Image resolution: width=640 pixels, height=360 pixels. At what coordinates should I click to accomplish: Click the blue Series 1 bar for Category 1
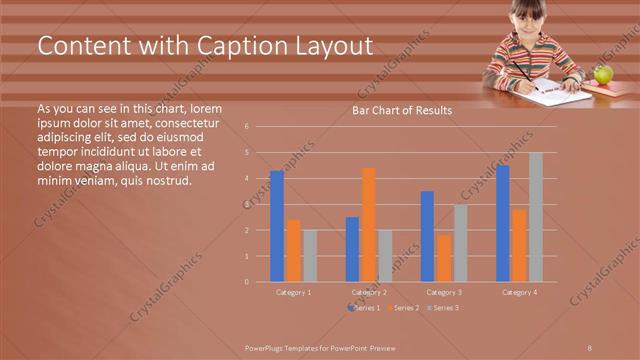pos(277,226)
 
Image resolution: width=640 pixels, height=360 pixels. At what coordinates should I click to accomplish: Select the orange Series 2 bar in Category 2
pos(368,225)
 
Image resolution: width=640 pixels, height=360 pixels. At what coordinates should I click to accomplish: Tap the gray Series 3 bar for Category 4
pos(535,217)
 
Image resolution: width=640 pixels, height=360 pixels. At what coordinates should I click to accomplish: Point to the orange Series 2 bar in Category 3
pos(443,258)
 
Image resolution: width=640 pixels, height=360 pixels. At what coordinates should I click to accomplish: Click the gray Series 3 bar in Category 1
pos(309,256)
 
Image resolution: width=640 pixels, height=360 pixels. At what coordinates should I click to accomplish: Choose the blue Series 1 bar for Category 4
pos(502,223)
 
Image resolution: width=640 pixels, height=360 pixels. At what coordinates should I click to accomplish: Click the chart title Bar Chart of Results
pos(401,110)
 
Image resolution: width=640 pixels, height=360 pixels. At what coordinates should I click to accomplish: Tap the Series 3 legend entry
pos(443,308)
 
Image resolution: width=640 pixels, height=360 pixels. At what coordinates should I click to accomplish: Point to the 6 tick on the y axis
pos(260,127)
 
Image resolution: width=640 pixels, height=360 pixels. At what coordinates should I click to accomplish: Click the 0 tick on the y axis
pos(260,282)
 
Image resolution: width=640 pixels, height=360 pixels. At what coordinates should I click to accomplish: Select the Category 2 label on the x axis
pos(369,292)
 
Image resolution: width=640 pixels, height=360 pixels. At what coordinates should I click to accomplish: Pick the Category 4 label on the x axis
pos(519,292)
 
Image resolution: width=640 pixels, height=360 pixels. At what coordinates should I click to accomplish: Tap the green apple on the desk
pos(603,74)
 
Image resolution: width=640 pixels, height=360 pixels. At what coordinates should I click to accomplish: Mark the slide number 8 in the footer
pos(590,346)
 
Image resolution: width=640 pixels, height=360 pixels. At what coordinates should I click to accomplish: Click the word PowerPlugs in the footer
pos(268,346)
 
